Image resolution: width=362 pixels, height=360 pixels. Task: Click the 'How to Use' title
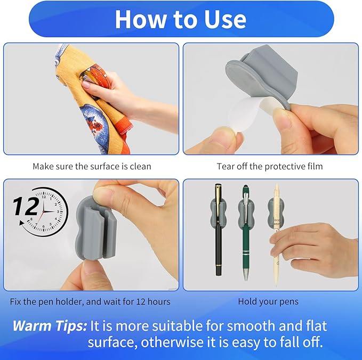tap(180, 19)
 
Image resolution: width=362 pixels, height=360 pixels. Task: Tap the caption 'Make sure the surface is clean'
tap(92, 166)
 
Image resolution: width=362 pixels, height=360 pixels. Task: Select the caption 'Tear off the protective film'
tap(269, 166)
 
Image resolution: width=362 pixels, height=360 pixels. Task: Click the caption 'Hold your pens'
tap(268, 301)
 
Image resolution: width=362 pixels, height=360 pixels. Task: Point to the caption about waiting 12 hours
tap(90, 301)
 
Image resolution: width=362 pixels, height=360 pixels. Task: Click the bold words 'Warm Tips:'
tap(49, 325)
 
